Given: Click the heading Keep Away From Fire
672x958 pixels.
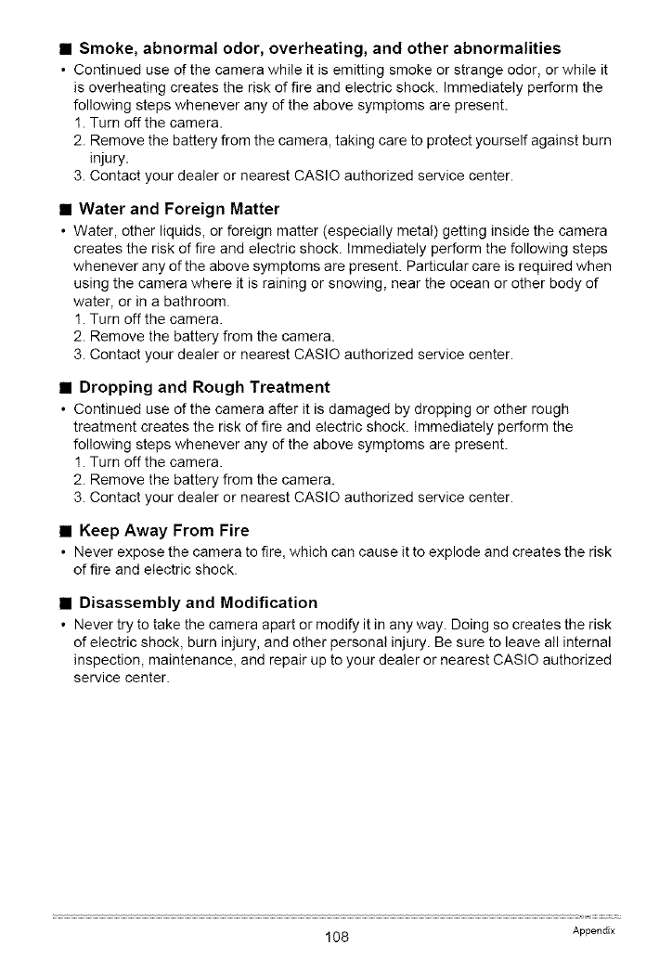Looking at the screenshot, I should click(x=164, y=531).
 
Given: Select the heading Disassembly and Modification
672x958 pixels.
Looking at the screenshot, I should click(x=198, y=602).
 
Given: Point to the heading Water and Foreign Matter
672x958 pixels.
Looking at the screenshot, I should click(x=179, y=208).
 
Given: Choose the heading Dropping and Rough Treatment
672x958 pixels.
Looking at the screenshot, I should click(x=204, y=387).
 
